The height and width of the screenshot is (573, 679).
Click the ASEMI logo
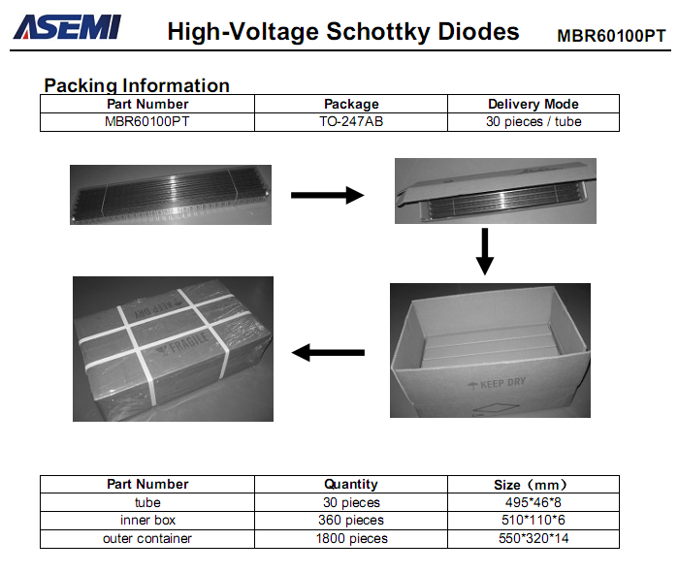pyautogui.click(x=68, y=27)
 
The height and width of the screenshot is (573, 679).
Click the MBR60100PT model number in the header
pyautogui.click(x=611, y=36)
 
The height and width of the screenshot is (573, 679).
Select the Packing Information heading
pyautogui.click(x=137, y=85)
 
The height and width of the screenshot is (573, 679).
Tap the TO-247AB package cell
pyautogui.click(x=351, y=121)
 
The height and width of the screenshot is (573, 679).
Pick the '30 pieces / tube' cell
pyautogui.click(x=533, y=121)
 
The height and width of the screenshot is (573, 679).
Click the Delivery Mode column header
pyautogui.click(x=533, y=104)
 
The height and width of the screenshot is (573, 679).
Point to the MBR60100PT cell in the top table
pyautogui.click(x=147, y=121)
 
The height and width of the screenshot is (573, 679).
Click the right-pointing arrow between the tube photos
pyautogui.click(x=328, y=195)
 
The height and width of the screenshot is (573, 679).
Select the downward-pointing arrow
pyautogui.click(x=485, y=252)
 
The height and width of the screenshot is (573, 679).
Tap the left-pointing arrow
pyautogui.click(x=328, y=353)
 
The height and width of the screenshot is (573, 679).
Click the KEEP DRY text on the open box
pyautogui.click(x=502, y=383)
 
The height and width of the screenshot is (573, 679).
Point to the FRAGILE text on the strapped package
pyautogui.click(x=189, y=343)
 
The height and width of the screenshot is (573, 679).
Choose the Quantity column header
pyautogui.click(x=351, y=484)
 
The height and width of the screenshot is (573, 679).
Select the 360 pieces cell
pyautogui.click(x=351, y=520)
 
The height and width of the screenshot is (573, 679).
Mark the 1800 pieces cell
pyautogui.click(x=351, y=538)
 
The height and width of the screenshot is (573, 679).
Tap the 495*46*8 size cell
pyautogui.click(x=533, y=502)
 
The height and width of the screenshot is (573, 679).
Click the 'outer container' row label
pyautogui.click(x=147, y=538)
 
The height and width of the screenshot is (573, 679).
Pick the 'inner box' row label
pyautogui.click(x=147, y=520)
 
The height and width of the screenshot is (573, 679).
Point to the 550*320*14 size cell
pyautogui.click(x=533, y=538)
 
